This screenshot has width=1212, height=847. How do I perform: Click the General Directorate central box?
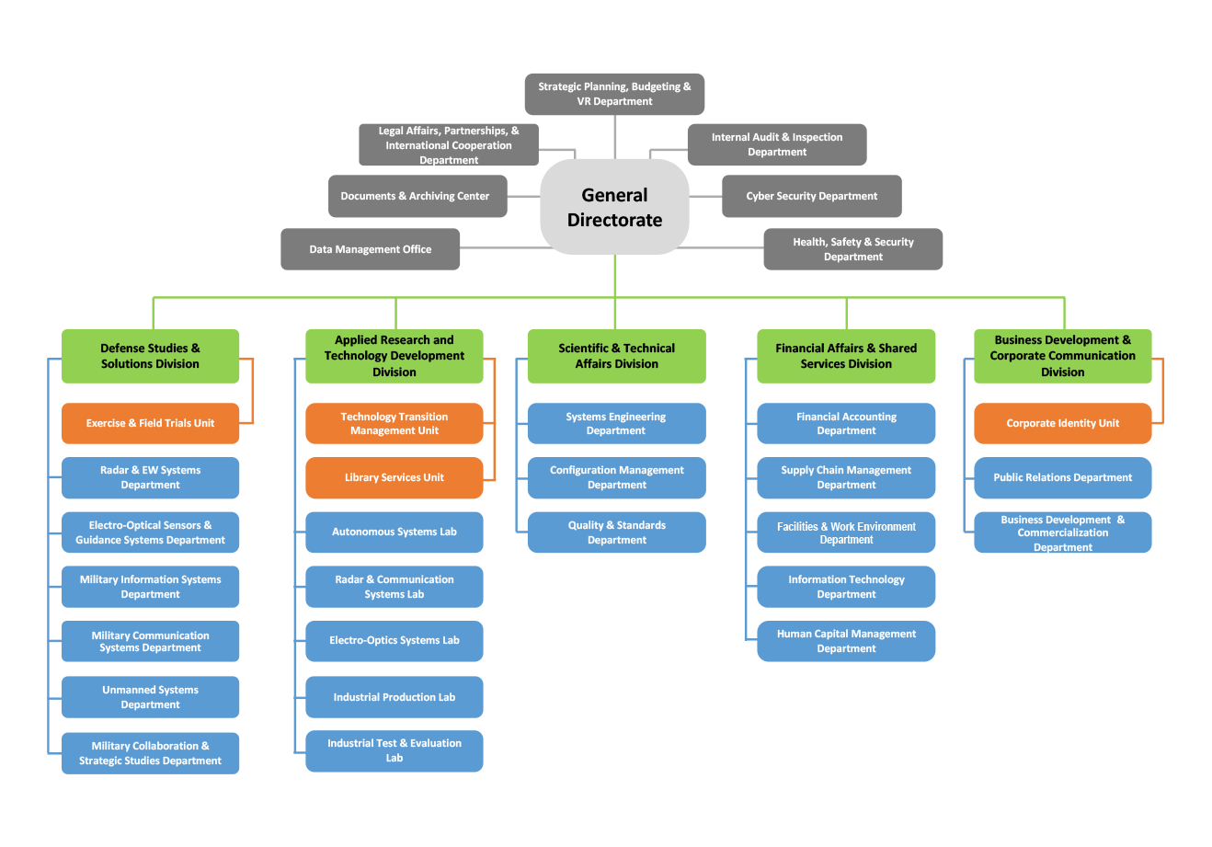pos(614,207)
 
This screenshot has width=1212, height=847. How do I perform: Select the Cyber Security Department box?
pos(811,196)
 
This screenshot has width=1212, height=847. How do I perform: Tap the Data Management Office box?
pos(370,249)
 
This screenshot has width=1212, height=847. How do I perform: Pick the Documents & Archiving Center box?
pos(417,196)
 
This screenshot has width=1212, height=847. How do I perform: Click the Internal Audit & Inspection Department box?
pos(776,144)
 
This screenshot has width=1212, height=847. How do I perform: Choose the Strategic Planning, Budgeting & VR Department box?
pos(614,94)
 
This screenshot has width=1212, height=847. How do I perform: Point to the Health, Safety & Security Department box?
pos(852,249)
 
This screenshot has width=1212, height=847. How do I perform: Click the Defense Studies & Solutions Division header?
pos(150,356)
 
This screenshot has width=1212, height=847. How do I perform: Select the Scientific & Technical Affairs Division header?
pos(616,356)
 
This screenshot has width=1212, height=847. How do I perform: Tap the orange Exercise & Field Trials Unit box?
pos(150,423)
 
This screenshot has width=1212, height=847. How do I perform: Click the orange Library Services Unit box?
pos(394,477)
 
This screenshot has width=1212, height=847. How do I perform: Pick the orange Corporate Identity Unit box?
pos(1062,423)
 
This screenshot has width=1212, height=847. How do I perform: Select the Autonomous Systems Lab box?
pos(394,532)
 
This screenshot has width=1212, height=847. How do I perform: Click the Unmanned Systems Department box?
pos(150,697)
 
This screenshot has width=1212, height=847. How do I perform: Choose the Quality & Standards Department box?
pos(616,532)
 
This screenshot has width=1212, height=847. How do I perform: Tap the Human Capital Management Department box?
pos(846,641)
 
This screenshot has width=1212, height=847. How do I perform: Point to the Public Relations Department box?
pos(1062,477)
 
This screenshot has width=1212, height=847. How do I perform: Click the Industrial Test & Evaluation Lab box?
pos(394,750)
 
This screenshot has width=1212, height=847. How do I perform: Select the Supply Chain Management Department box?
pos(846,477)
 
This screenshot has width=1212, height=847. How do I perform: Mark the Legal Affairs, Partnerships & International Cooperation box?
pos(448,145)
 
